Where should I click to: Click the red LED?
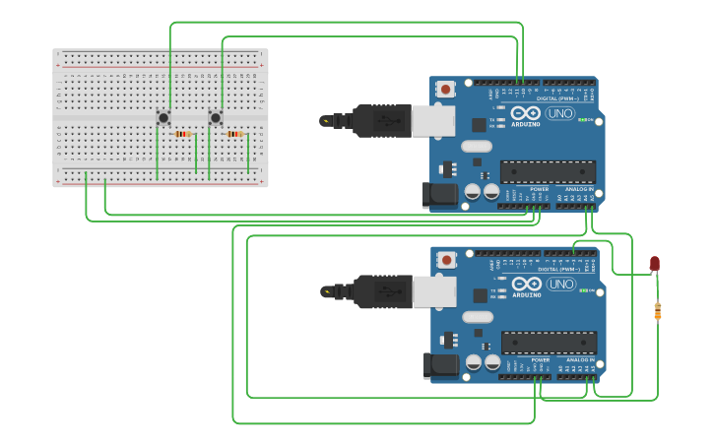coord(655,263)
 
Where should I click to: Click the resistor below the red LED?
coord(658,311)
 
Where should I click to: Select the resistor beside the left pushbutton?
coord(182,134)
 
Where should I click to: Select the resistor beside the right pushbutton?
coord(234,134)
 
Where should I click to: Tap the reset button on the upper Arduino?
coord(446,90)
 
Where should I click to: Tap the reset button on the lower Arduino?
coord(447,260)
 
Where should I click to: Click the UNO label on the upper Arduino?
coord(560,113)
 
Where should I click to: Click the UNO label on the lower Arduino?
coord(560,284)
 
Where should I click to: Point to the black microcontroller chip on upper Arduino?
coord(548,172)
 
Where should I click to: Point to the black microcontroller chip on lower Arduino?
coord(549,343)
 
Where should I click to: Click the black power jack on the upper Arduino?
coord(439,195)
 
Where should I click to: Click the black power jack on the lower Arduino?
coord(440,365)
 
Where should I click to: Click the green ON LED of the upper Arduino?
coord(583,120)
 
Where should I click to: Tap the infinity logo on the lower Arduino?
coord(526,283)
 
